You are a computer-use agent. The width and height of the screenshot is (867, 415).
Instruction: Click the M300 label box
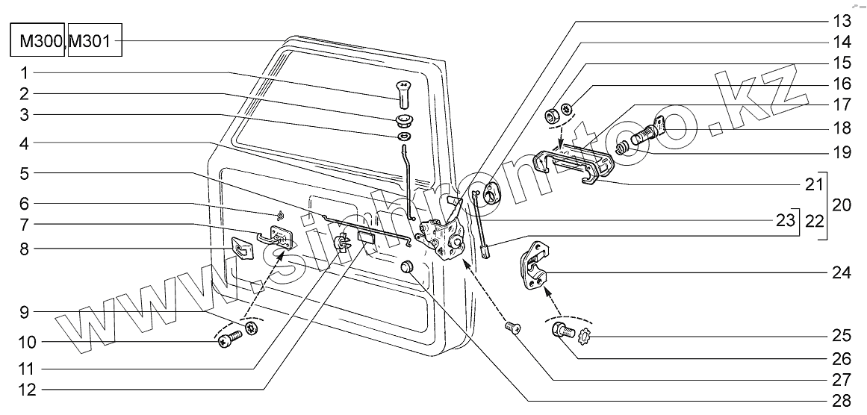(37, 42)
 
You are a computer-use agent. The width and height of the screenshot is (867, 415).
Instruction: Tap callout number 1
(25, 73)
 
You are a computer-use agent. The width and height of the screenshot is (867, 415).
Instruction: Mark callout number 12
(25, 389)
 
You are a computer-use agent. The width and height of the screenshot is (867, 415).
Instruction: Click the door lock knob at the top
(402, 95)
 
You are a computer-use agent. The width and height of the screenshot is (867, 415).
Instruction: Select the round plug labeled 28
(408, 269)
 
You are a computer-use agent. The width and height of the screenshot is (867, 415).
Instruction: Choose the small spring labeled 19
(623, 149)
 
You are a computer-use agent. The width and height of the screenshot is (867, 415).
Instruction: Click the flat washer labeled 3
(403, 137)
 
